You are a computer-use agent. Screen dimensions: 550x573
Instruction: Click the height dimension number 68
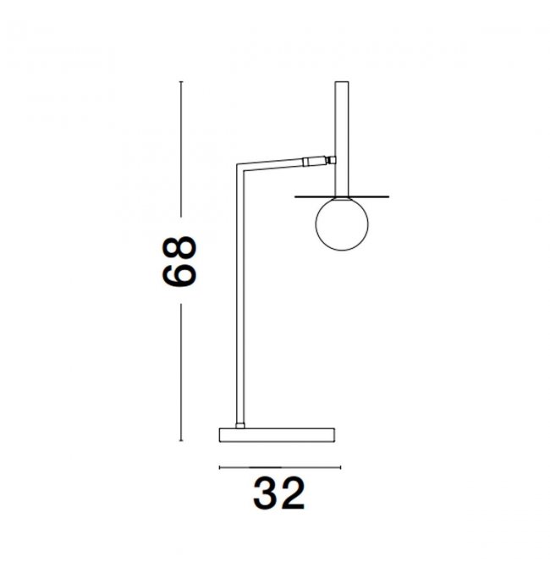179,261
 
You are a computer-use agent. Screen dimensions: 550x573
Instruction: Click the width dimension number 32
279,493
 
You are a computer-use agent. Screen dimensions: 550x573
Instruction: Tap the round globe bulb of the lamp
342,224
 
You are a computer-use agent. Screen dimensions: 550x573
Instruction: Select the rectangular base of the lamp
277,435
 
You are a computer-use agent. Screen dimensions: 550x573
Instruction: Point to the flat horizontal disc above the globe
342,196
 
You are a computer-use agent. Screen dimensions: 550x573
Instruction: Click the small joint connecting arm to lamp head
331,160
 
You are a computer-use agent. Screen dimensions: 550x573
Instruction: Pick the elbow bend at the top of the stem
240,167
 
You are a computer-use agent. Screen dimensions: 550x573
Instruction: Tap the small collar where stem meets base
240,426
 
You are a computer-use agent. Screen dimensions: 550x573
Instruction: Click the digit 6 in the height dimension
179,274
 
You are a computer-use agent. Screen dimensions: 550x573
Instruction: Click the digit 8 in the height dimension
179,249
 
